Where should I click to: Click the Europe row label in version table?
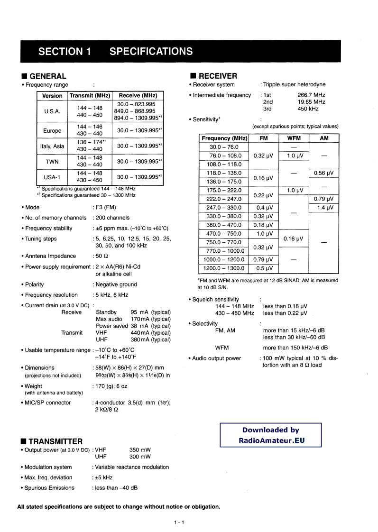coord(52,130)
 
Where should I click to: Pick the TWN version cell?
coord(52,162)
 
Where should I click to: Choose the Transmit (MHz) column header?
coord(90,96)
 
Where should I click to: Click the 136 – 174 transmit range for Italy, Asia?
coord(90,142)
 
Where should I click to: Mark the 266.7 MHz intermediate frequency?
coord(311,95)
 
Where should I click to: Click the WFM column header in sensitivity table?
coord(294,138)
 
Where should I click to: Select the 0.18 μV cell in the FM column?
coord(264,225)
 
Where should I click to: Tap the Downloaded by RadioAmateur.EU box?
coord(270,435)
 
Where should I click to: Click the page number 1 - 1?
coord(178,523)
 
